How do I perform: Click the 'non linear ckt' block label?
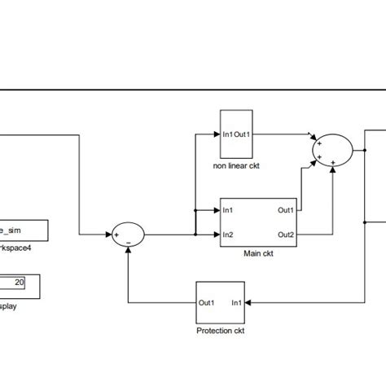[x=236, y=166]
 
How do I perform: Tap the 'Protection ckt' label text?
[x=220, y=330]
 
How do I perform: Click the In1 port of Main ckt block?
[x=229, y=210]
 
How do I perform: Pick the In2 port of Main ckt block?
[x=229, y=235]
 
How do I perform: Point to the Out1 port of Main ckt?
[x=285, y=210]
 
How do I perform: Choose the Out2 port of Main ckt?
[x=285, y=235]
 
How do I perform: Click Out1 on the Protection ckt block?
[x=207, y=302]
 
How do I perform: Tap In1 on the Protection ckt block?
[x=235, y=302]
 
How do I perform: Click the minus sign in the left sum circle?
[x=129, y=242]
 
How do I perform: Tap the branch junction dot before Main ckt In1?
[x=195, y=210]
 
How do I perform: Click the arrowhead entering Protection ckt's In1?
[x=248, y=302]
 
